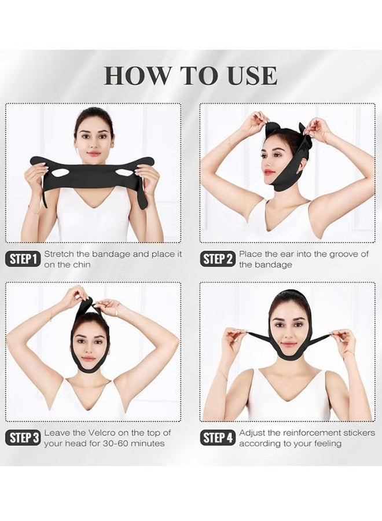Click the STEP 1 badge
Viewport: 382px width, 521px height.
[24, 259]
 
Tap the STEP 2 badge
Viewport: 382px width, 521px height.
[218, 259]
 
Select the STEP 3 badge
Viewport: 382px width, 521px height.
[24, 438]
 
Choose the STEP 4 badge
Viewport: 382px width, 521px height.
[218, 438]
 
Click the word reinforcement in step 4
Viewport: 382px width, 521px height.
[308, 433]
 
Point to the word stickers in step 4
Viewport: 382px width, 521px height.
[359, 433]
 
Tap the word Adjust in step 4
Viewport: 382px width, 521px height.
[252, 433]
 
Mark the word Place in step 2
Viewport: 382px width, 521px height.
[251, 254]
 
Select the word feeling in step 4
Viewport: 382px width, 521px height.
[325, 443]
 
